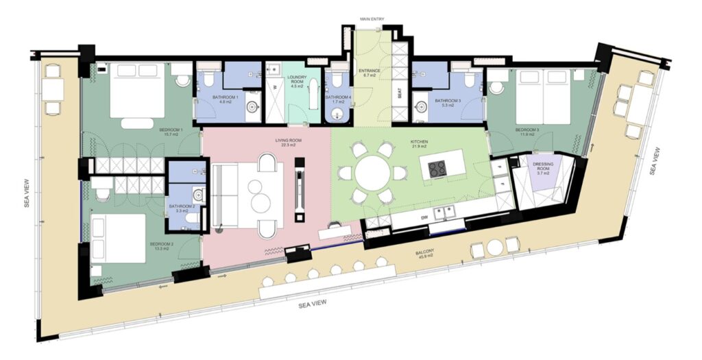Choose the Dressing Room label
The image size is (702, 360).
click(x=542, y=167)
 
